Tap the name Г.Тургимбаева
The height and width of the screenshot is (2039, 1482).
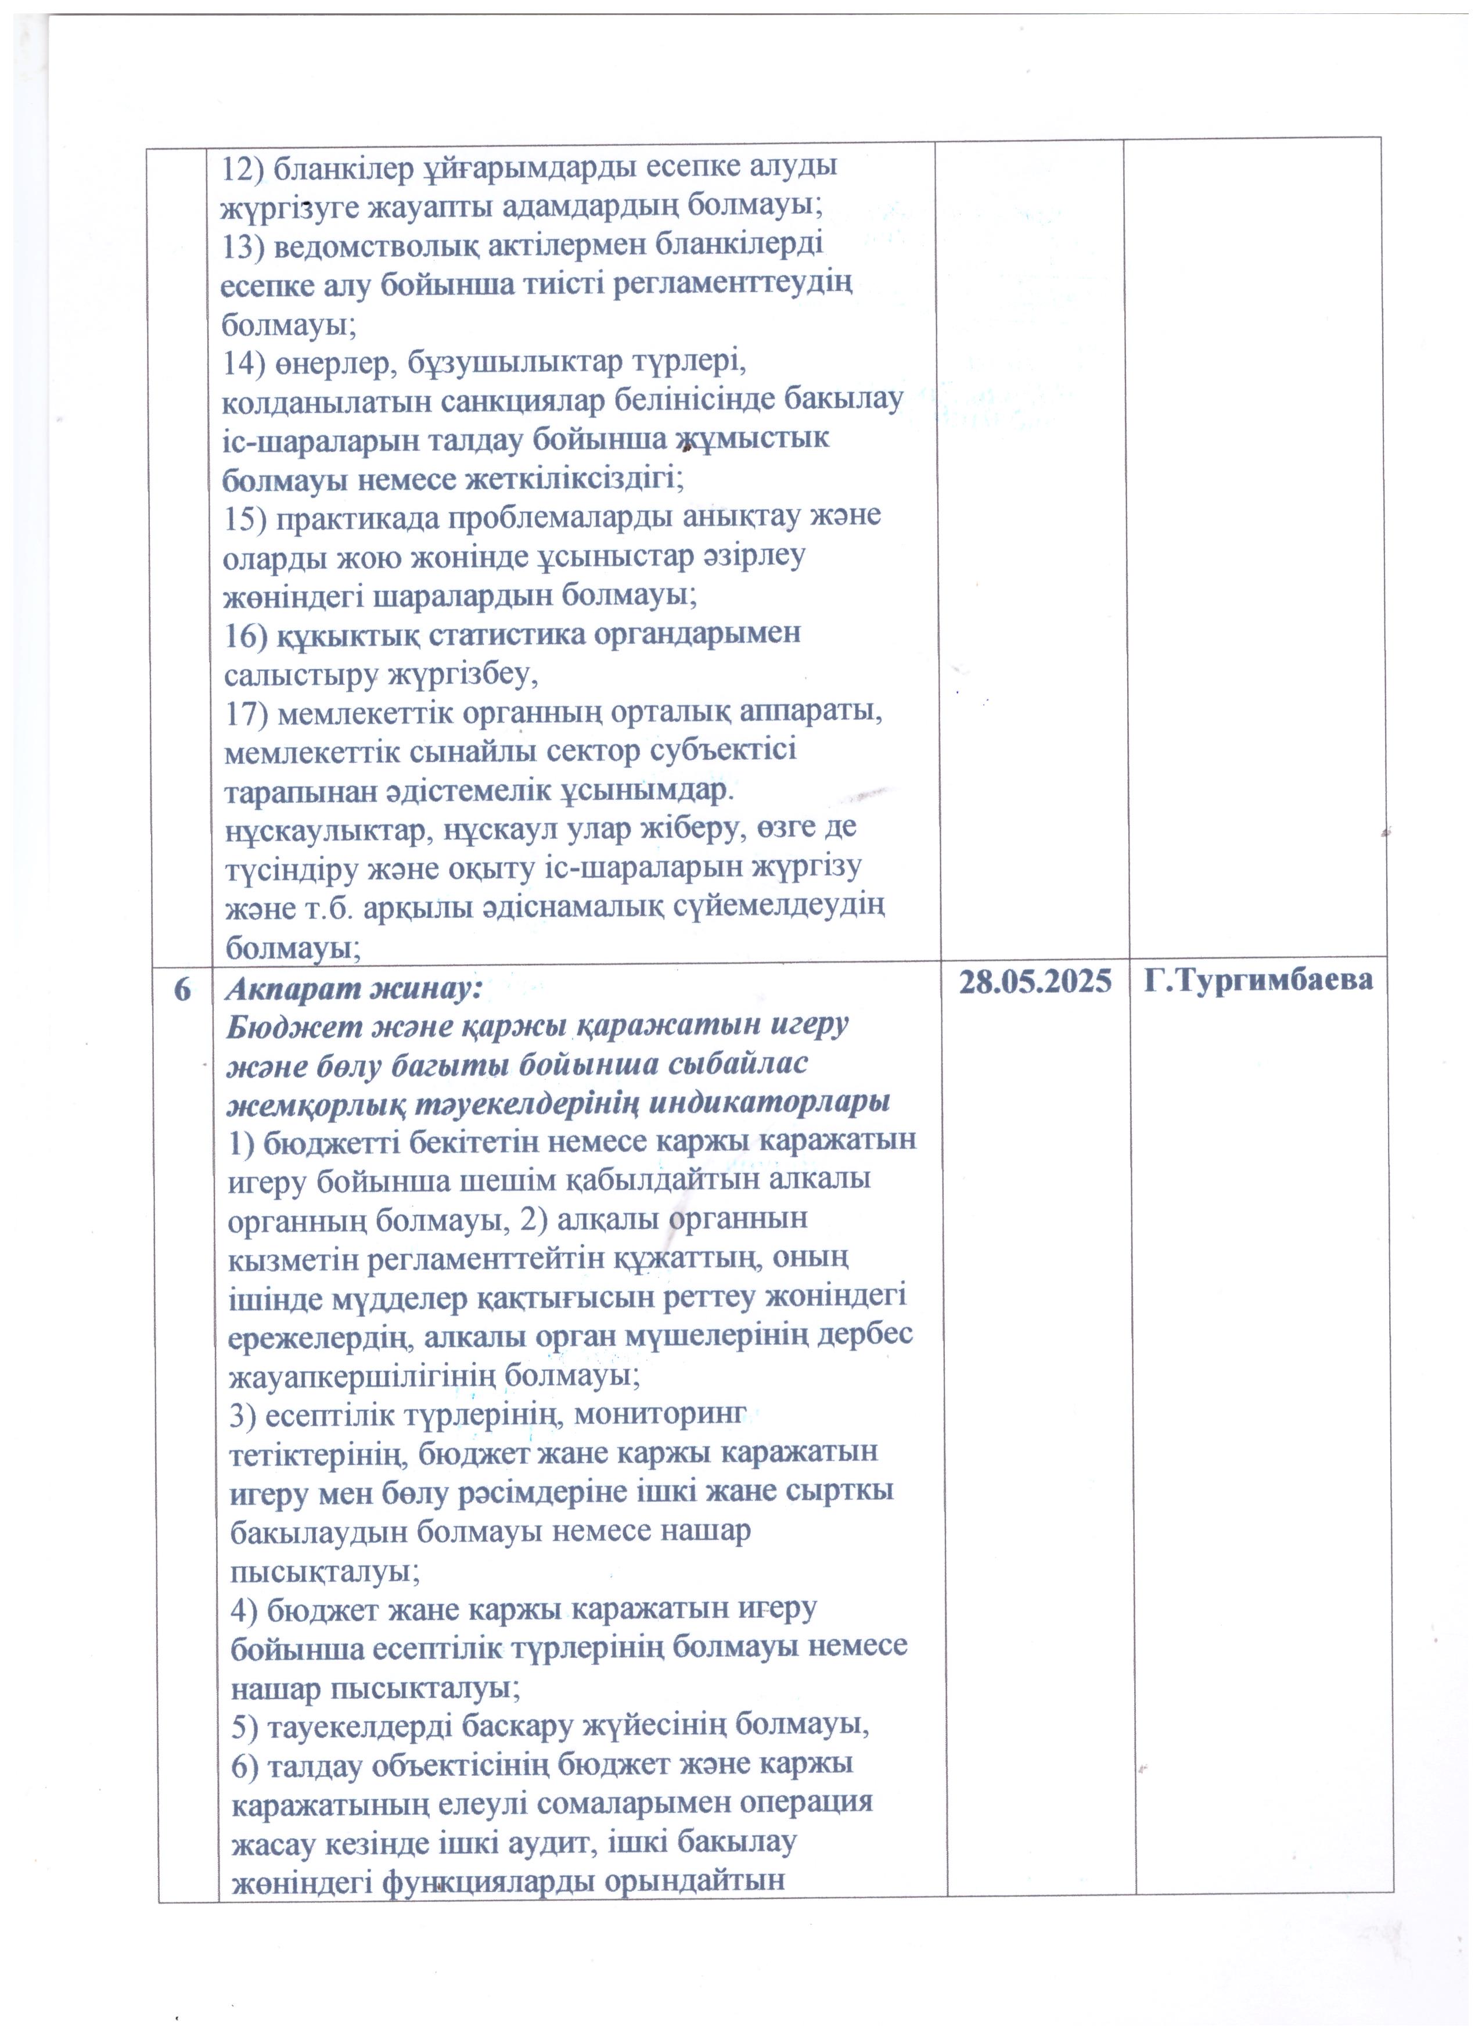tap(1258, 982)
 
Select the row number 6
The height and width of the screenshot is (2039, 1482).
tap(182, 989)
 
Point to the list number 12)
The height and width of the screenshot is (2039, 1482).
tap(243, 167)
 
